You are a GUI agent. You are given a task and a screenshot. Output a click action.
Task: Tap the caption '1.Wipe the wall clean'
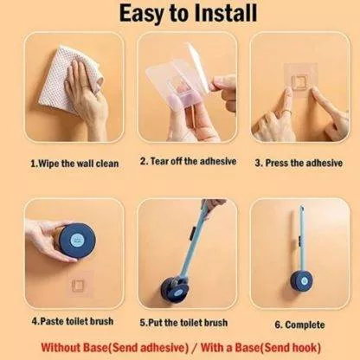point(74,164)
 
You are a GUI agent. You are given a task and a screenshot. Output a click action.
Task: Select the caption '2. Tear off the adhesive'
point(188,161)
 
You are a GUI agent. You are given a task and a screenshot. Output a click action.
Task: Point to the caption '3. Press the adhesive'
point(299,163)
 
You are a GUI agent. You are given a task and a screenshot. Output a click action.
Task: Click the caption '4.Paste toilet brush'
point(73,321)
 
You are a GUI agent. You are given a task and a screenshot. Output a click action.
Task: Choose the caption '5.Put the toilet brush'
point(183,322)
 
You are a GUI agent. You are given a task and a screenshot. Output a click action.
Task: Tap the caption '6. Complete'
point(299,325)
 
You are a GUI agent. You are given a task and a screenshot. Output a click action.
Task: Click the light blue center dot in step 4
point(77,239)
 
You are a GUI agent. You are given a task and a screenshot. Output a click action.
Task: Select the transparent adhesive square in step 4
point(79,285)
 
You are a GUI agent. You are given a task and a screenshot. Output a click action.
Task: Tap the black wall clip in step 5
point(191,233)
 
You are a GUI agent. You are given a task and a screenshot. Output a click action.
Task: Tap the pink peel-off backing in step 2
point(183,98)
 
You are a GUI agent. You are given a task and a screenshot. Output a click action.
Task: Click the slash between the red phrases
point(195,348)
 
